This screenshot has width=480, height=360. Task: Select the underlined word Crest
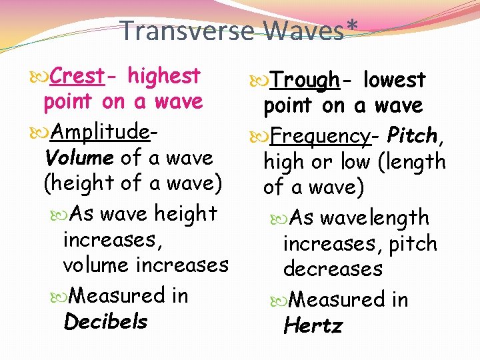[x=77, y=76]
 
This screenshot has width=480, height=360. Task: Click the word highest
[x=164, y=76]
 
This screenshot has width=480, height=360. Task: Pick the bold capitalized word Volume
[x=79, y=158]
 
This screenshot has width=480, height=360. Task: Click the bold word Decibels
[x=105, y=322]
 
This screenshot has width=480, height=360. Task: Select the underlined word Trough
[x=305, y=81]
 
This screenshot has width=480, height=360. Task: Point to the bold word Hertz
[x=312, y=326]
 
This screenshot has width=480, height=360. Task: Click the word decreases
[x=333, y=269]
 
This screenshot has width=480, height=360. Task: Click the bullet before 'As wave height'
[x=61, y=215]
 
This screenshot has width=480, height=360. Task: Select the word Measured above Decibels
[x=119, y=295]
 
